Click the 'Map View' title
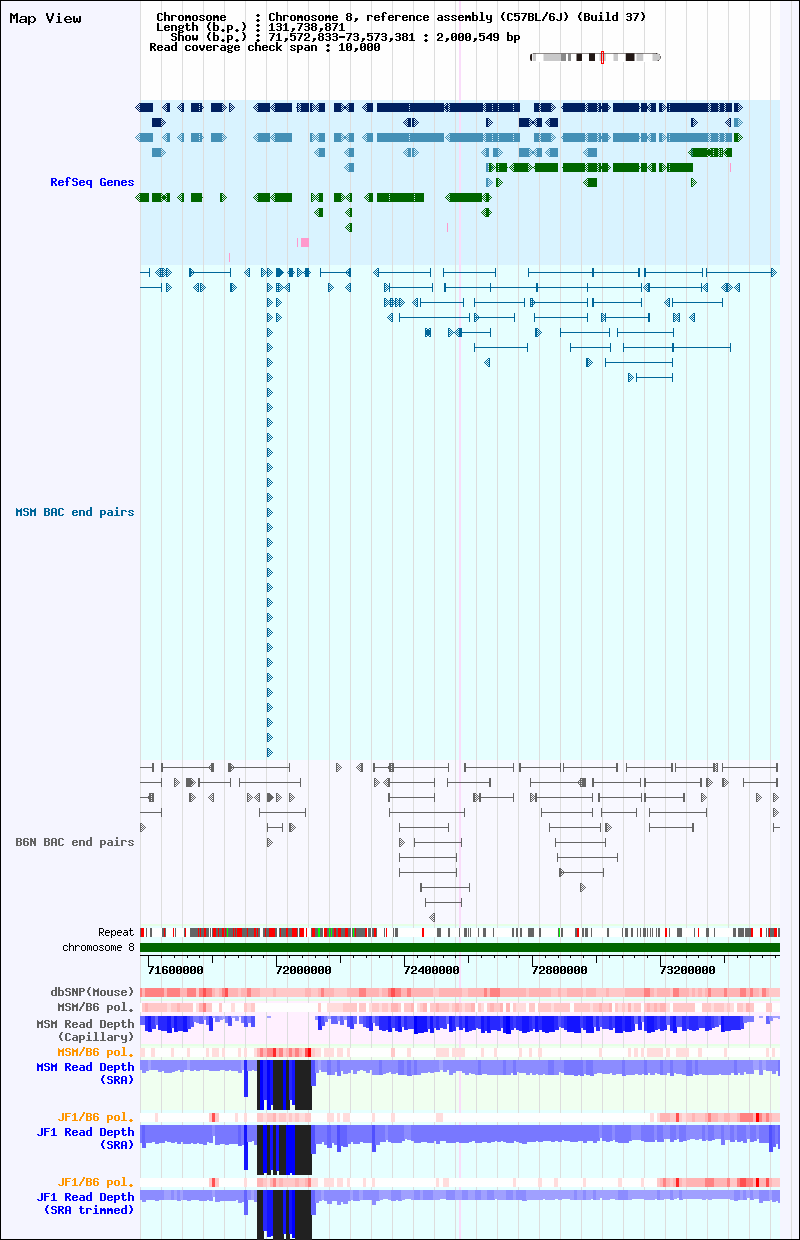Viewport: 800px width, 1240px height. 45,18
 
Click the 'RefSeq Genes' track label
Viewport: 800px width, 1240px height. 92,182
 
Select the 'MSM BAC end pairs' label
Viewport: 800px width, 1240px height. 75,512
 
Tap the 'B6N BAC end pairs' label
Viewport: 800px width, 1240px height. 75,842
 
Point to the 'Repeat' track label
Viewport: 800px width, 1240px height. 116,932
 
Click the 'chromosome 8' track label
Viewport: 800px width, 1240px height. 98,947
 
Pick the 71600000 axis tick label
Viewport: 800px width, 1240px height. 176,970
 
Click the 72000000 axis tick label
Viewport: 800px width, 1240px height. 303,970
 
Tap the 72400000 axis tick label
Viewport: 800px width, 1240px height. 431,970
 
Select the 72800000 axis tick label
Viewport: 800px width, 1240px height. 559,970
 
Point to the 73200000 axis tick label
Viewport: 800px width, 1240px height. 687,970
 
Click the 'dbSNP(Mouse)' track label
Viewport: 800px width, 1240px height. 92,992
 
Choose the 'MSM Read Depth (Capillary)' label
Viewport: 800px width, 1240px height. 85,1030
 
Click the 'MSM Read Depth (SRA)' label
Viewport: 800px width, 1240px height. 85,1073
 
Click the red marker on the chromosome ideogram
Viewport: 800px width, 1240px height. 602,58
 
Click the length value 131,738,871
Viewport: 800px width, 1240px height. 306,27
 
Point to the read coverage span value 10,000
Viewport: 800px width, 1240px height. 359,47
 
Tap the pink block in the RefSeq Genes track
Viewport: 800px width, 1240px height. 304,242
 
